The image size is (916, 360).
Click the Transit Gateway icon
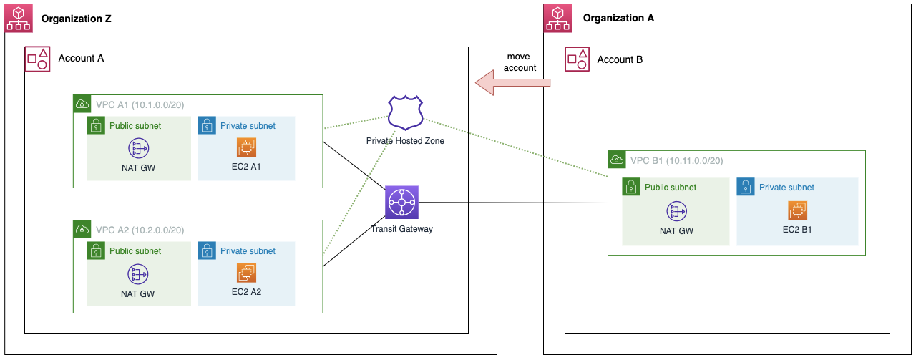(401, 202)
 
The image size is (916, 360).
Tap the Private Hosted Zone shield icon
(405, 112)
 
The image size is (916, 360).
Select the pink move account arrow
(512, 83)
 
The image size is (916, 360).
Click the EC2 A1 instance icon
(246, 147)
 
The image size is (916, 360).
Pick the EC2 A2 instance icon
(246, 273)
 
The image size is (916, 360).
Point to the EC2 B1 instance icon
(797, 210)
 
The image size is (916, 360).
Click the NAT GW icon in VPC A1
(138, 148)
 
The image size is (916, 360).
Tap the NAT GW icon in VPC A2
(138, 274)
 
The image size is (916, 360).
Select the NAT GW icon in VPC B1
(676, 211)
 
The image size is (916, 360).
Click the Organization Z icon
(19, 19)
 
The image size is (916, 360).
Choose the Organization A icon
(557, 19)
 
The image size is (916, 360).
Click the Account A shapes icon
(38, 59)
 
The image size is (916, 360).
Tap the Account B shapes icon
(577, 59)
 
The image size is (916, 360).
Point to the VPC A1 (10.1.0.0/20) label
(140, 105)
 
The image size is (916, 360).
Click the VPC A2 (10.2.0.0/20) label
(140, 230)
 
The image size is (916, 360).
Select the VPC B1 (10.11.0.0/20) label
(676, 161)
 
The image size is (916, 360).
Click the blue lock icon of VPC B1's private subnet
(745, 187)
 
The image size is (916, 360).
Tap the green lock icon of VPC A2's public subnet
(96, 250)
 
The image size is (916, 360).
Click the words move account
(519, 62)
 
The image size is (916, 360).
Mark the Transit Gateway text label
(401, 229)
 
